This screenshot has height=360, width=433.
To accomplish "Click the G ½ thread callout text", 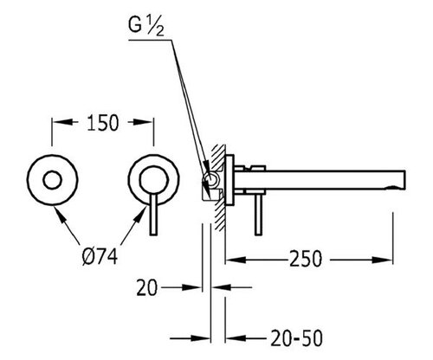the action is pos(146,26).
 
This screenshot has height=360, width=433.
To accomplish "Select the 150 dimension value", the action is pos(103,123).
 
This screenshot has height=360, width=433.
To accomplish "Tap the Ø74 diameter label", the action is pos(100,257).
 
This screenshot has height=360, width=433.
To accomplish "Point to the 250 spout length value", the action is pos(306,259).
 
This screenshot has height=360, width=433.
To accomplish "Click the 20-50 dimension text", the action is pos(296,338).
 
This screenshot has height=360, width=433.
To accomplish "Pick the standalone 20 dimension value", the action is pos(147,287).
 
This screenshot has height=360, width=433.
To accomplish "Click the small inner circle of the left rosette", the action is pos(52,180).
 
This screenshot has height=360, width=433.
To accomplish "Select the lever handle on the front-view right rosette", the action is pos(154,215).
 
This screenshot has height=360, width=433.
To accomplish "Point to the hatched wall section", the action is pos(219,187).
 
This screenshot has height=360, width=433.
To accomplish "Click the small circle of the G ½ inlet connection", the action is pos(212,179).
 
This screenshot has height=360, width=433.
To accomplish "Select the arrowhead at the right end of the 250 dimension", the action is pos(383,260).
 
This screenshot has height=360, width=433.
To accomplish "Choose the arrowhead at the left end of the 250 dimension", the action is pos(236,260).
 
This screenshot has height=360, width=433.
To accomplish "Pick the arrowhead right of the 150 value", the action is pos(143,122).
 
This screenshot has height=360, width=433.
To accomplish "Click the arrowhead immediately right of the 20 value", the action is pos(191,287).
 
